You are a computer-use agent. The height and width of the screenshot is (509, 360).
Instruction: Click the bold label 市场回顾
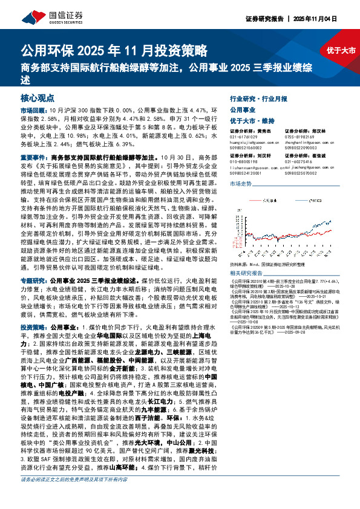(x=33, y=111)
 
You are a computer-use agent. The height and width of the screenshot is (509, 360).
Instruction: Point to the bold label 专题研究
(x=33, y=264)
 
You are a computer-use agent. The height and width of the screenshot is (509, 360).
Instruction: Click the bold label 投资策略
(x=33, y=326)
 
